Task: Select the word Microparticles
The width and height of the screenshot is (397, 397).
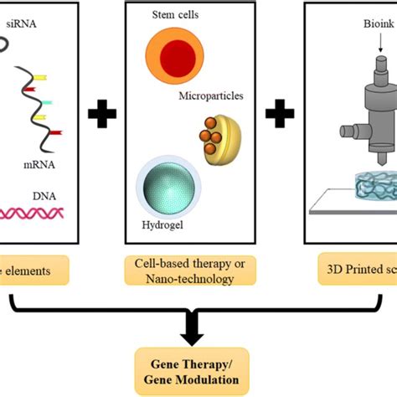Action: coord(211,95)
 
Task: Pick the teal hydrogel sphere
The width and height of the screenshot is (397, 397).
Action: coord(166,186)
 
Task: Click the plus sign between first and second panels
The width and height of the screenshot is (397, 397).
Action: coord(102,116)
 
